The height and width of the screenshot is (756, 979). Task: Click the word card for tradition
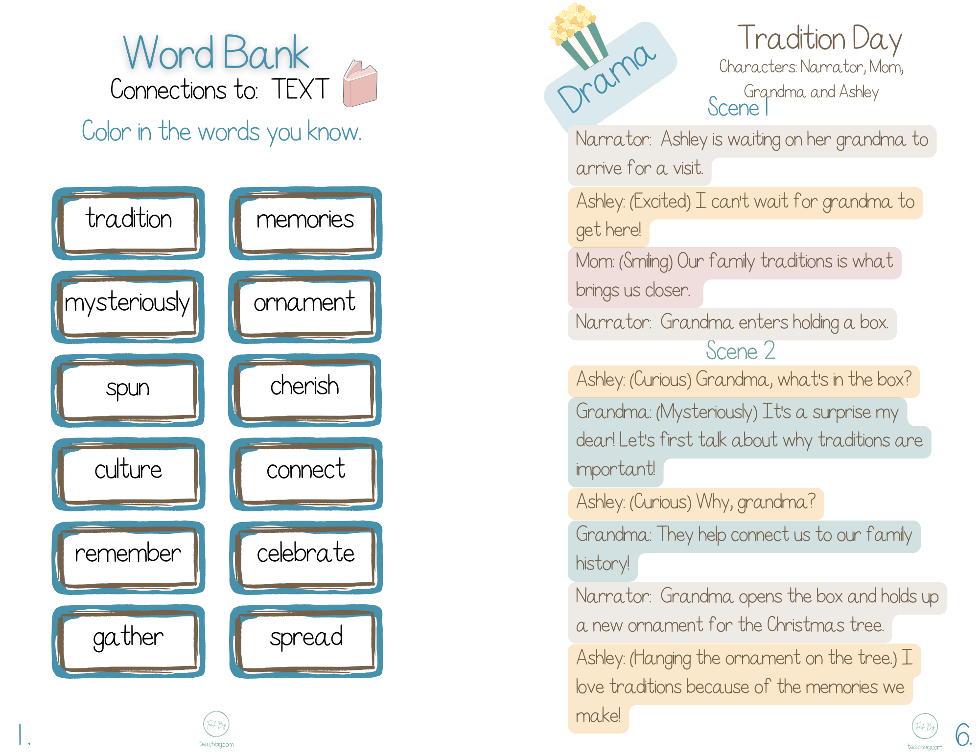click(x=129, y=223)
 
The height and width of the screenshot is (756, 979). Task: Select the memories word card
click(x=305, y=223)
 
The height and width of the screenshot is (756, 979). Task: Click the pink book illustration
click(x=360, y=84)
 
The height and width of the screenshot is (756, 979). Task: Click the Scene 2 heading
click(x=741, y=351)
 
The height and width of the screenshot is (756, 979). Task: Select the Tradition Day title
click(x=819, y=39)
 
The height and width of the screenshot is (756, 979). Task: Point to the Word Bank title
click(x=216, y=53)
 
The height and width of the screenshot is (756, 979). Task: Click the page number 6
click(x=963, y=734)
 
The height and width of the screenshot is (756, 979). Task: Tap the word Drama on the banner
click(x=607, y=78)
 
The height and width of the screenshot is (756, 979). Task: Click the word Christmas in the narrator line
click(x=805, y=625)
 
